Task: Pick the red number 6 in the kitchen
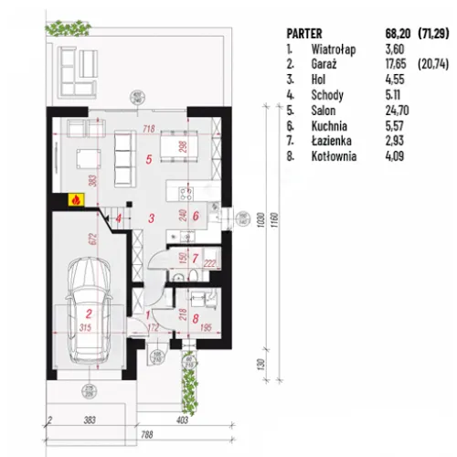pos(195,217)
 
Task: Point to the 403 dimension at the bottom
pos(182,420)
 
